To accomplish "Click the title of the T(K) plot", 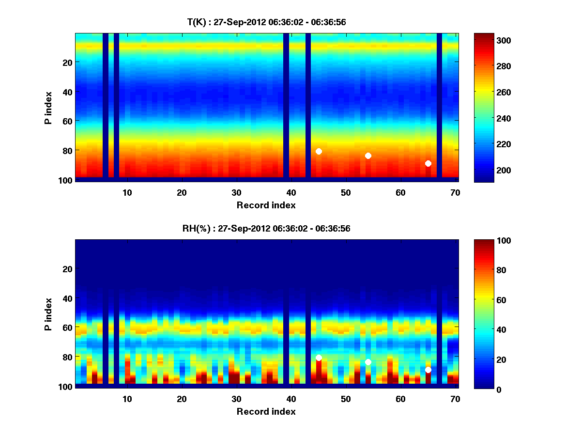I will click(x=266, y=22).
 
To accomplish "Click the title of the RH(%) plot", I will click(x=266, y=228).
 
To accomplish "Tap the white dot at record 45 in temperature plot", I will click(x=319, y=152).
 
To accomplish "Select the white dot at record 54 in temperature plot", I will click(x=368, y=156).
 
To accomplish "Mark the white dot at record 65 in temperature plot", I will click(x=428, y=163).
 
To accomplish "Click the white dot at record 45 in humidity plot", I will click(x=319, y=358).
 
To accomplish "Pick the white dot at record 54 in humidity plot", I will click(x=368, y=362).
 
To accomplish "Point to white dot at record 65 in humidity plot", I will click(x=428, y=370).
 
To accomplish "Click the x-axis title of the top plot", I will click(x=266, y=205).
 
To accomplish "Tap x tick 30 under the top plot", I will click(x=236, y=192).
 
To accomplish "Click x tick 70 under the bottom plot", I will click(x=455, y=399).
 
